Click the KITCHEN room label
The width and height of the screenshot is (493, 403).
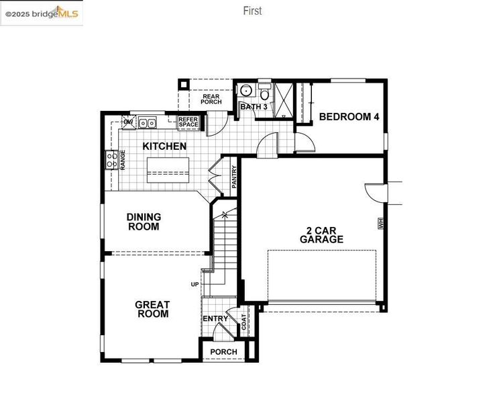coord(164,146)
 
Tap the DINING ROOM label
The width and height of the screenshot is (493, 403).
coord(144,222)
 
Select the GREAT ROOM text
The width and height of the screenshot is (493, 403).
coord(152,309)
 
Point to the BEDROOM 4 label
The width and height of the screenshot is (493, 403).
coord(349,117)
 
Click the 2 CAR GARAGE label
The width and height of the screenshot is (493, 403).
coord(321,235)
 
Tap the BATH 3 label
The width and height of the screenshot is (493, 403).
coord(254,107)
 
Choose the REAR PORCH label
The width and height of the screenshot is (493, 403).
coord(211,99)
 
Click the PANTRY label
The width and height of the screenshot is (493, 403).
coord(234,177)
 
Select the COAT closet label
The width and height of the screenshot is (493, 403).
coord(244,322)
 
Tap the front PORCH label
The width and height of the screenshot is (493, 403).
coord(223,352)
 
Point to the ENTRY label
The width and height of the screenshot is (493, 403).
coord(215,318)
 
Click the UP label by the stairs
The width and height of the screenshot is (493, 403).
coord(195,284)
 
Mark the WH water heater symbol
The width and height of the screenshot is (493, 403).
coord(382,224)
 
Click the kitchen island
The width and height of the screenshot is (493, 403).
coord(168,170)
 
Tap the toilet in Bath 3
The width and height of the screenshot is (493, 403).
coord(265,91)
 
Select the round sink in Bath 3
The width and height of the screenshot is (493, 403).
coord(245,91)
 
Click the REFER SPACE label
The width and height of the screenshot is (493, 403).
coord(188,122)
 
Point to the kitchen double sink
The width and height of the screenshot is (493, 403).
coord(148,123)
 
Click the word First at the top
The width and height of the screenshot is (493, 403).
coord(252,11)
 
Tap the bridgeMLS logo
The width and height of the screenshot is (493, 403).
coord(42,13)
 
